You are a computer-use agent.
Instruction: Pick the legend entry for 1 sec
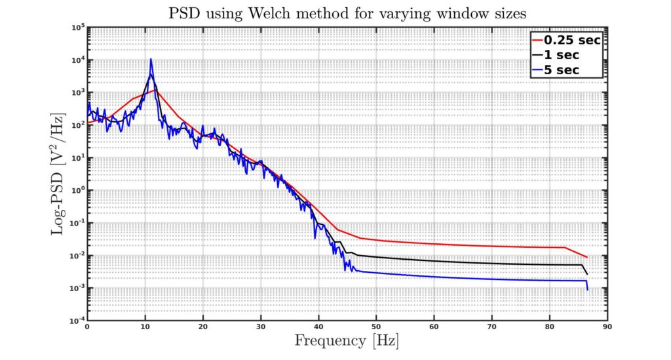pos(567,55)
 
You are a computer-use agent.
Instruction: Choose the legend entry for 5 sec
pos(567,70)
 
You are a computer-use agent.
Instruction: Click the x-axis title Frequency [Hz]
pos(346,342)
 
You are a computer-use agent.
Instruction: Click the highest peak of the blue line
pos(151,59)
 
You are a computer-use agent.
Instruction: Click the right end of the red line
pos(587,257)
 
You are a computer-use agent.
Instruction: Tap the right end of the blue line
pos(587,289)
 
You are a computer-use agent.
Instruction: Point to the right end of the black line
pos(587,274)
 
